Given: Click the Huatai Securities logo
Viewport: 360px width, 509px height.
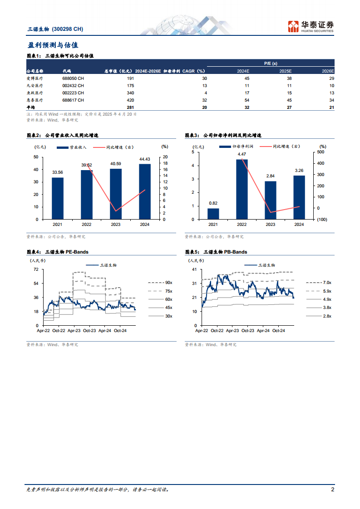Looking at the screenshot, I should [x=311, y=26].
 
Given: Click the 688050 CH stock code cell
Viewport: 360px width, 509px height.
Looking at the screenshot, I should [x=73, y=78].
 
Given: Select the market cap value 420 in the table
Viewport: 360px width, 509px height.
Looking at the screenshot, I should [x=130, y=100].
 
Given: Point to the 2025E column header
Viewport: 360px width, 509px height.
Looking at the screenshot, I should [x=285, y=71].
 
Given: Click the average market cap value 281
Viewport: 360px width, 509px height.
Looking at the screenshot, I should [x=130, y=107].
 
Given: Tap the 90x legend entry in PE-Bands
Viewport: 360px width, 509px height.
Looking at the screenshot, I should [x=168, y=282].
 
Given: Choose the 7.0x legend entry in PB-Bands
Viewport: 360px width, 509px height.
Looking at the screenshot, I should [x=327, y=282].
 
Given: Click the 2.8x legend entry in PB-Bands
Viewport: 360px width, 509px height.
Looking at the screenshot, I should [x=327, y=316].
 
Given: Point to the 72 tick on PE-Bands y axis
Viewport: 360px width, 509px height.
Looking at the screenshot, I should [x=35, y=269].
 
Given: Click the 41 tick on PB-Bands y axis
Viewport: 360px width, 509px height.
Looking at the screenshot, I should [x=194, y=269].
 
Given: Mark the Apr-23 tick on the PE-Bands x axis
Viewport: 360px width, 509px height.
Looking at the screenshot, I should [x=74, y=331].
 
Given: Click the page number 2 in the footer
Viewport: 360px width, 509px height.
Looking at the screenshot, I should [x=333, y=489].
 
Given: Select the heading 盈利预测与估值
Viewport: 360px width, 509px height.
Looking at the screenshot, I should [x=52, y=45].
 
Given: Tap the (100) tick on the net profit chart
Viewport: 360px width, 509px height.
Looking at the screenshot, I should [x=321, y=220].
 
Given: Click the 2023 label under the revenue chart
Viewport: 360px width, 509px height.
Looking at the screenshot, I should [x=116, y=225].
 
